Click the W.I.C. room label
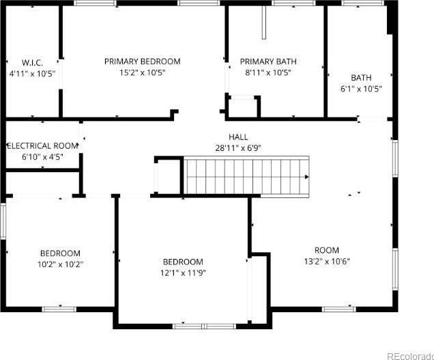click(32, 62)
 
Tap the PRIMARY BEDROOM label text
click(142, 61)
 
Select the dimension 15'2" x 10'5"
click(142, 72)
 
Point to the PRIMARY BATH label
click(268, 61)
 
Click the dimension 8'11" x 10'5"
click(268, 72)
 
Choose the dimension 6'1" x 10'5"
click(361, 89)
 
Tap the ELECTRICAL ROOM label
click(42, 146)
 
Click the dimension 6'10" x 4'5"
click(42, 157)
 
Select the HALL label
click(238, 137)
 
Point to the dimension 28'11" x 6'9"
click(238, 148)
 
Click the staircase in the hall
click(246, 177)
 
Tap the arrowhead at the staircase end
click(306, 177)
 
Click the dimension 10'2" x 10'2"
click(60, 264)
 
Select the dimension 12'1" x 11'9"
click(183, 273)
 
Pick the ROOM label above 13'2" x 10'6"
click(327, 250)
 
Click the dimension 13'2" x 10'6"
click(327, 262)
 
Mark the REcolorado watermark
click(410, 356)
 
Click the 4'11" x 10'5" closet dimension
click(32, 74)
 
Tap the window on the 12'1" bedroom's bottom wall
click(204, 327)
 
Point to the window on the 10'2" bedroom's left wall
click(3, 221)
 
